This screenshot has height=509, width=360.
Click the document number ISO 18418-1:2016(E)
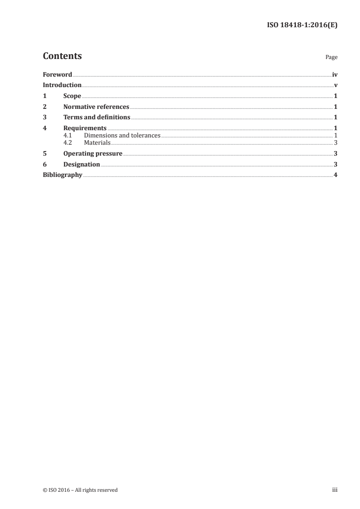coord(301,25)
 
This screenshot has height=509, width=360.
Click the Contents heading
coord(62,56)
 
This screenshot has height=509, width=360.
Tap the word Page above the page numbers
coord(331,58)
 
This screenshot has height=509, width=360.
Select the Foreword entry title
coord(57,74)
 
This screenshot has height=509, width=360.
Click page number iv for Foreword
coord(335,74)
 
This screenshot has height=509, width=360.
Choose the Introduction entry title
coord(62,85)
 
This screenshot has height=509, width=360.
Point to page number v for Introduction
coord(335,85)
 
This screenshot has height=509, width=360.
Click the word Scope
coord(72,96)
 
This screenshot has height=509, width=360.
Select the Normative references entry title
coord(96,107)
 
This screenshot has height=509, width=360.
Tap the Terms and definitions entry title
coord(97,118)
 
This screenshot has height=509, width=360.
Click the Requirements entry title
coord(85,128)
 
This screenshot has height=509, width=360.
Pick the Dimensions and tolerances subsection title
coord(122,136)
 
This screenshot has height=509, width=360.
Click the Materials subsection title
coord(97,142)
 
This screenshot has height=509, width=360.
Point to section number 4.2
coord(68,142)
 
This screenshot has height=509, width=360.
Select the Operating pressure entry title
coord(93,154)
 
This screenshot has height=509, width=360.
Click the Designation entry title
coord(82,165)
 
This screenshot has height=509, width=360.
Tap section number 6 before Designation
coord(44,165)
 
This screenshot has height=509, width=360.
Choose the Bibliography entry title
coord(62,175)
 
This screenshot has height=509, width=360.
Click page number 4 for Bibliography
coord(335,175)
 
